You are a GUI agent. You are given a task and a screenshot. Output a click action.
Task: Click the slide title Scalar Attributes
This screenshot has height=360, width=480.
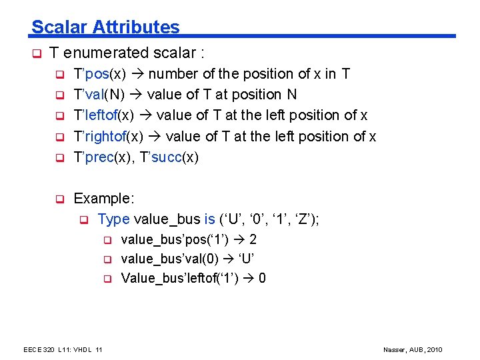105,27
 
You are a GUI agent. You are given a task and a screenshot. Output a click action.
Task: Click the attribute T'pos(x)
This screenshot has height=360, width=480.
99,74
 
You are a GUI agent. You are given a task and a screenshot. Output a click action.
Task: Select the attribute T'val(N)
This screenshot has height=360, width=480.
101,95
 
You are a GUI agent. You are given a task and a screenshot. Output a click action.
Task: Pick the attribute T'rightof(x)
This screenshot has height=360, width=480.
108,137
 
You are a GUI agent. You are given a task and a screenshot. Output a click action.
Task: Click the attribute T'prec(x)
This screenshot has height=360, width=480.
103,157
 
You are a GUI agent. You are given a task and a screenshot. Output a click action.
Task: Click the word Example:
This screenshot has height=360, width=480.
104,199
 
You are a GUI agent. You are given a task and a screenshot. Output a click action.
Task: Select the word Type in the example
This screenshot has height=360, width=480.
113,219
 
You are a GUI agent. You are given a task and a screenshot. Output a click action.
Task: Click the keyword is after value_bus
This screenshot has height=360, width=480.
209,219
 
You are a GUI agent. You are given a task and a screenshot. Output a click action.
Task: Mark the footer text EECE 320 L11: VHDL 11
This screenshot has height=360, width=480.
63,350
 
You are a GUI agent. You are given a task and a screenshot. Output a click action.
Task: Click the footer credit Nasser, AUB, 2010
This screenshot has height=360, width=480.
413,350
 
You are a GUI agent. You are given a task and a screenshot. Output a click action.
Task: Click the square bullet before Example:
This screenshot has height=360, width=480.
59,199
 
